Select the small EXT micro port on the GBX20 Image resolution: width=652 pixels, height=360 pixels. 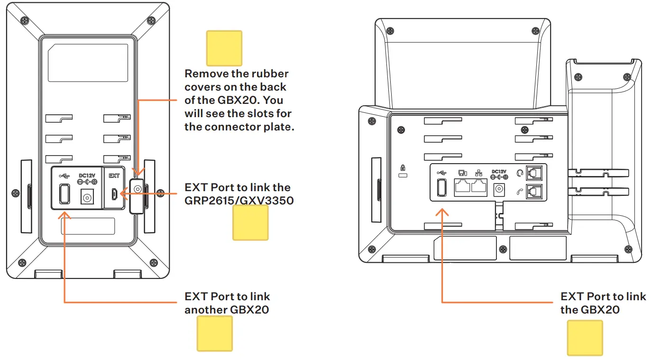[114, 194]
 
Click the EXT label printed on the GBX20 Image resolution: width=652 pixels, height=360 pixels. [114, 176]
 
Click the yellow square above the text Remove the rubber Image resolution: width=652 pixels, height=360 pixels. [224, 48]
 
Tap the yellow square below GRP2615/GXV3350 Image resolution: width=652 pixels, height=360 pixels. [250, 222]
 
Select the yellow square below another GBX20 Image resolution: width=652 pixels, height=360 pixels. [215, 333]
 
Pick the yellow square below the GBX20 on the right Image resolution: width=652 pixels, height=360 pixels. [585, 337]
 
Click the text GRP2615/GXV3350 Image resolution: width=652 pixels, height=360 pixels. [239, 201]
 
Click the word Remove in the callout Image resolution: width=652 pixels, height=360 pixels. [204, 74]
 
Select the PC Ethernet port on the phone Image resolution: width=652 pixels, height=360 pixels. [463, 188]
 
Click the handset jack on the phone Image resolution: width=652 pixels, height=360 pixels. [533, 192]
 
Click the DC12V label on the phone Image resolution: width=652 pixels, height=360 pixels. [499, 171]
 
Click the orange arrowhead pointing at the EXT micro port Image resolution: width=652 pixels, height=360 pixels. [123, 194]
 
